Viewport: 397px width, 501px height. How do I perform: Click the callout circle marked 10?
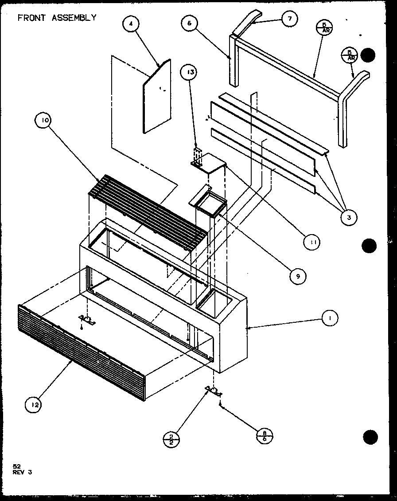(x=46, y=120)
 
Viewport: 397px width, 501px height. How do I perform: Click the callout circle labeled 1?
(x=329, y=317)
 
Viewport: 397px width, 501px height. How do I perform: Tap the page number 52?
(x=17, y=466)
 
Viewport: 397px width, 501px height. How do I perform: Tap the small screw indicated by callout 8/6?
(x=220, y=403)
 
